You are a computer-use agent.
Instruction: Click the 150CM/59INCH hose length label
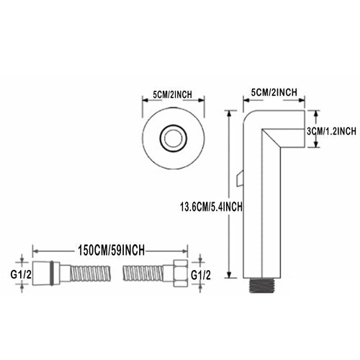111,251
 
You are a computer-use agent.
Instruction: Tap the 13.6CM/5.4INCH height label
211,207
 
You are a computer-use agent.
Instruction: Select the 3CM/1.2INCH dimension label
331,131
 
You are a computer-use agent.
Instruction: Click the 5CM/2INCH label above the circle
173,94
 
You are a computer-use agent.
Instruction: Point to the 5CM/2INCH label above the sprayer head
274,92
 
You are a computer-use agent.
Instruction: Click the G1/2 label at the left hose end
21,274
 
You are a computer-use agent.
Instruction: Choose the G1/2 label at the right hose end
201,275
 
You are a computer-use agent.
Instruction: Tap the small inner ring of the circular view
174,138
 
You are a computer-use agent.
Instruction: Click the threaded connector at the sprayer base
261,285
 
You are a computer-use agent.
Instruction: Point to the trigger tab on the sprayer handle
239,178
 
